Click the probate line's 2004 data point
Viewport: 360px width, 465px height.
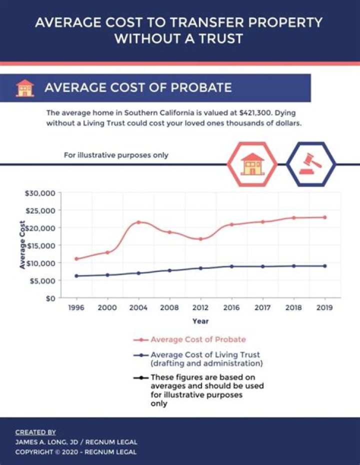point(138,222)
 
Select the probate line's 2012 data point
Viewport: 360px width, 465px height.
point(200,239)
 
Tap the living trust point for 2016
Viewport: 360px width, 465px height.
point(231,266)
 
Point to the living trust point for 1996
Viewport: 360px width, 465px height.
point(76,275)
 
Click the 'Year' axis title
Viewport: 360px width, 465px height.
point(200,321)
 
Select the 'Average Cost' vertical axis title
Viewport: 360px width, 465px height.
point(22,245)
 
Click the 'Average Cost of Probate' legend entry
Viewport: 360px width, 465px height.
point(198,339)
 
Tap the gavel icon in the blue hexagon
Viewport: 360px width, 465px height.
point(310,164)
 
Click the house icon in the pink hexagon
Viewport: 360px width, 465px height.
point(252,164)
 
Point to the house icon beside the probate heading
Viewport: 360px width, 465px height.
point(24,88)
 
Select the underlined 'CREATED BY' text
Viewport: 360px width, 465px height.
point(35,432)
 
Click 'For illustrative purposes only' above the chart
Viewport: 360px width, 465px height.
point(116,155)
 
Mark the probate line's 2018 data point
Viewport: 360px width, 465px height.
point(293,218)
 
